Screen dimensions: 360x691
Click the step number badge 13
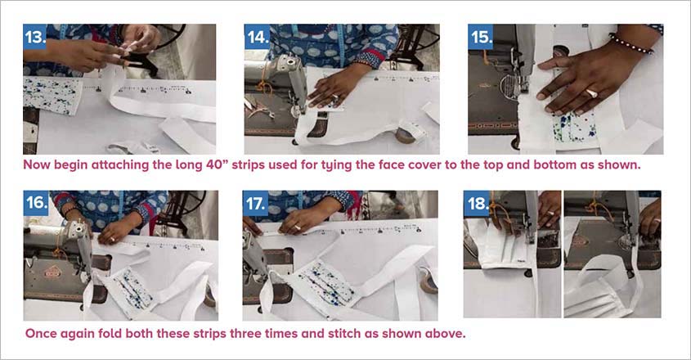tap(36, 38)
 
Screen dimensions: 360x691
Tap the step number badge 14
tap(258, 38)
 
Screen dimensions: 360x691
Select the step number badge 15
tap(481, 38)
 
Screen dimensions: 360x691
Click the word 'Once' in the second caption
tap(43, 334)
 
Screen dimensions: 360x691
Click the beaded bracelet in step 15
tap(632, 43)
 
